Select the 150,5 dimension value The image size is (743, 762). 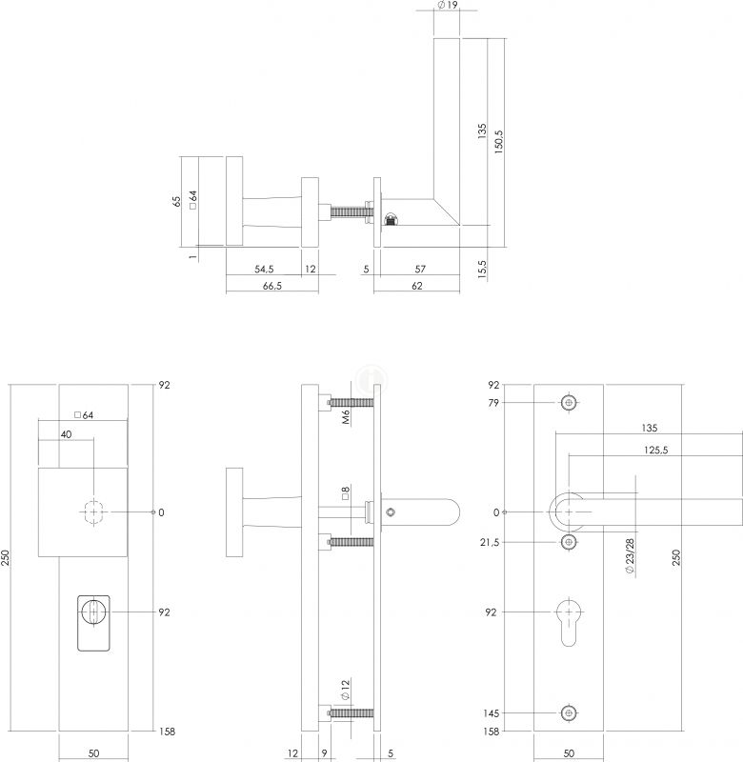pos(498,138)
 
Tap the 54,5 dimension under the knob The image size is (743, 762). pos(266,270)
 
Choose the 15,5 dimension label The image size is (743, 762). pos(483,269)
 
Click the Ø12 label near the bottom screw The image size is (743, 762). pos(346,691)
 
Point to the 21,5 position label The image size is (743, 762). pos(491,542)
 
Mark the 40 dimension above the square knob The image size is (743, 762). pos(66,434)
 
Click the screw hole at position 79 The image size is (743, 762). pos(569,403)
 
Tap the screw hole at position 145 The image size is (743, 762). pos(569,712)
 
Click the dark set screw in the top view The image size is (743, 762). pos(391,222)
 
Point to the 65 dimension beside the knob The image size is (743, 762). pos(176,202)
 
